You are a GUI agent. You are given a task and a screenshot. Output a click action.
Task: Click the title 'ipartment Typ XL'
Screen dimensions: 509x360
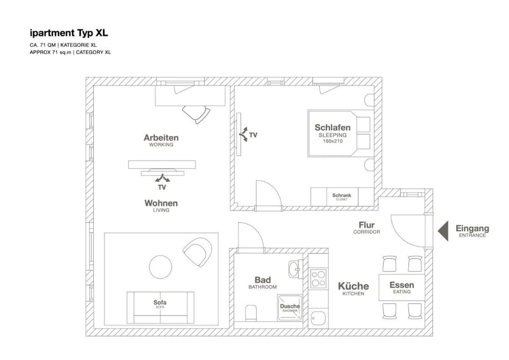[x=69, y=33]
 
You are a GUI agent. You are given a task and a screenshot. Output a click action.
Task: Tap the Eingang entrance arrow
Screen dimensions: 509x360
[x=444, y=231]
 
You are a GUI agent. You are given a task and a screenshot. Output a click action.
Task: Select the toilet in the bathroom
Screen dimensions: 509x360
[x=251, y=313]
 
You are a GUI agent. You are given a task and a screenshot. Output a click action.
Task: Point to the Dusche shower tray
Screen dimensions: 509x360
[x=290, y=308]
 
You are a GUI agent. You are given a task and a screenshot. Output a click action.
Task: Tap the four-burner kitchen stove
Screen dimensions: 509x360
[x=318, y=278]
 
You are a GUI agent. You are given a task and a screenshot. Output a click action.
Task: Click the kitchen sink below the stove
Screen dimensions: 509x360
[x=318, y=319]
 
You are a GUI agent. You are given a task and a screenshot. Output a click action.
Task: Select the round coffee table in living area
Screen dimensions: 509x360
[x=160, y=267]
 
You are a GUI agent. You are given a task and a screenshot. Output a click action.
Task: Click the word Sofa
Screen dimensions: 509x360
[x=160, y=302]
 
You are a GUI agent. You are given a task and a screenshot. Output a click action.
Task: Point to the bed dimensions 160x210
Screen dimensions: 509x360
[x=333, y=141]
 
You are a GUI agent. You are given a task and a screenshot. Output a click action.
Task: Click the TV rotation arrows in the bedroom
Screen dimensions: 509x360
[x=243, y=134]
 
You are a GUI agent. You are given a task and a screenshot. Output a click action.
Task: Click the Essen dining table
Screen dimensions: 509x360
[x=402, y=287]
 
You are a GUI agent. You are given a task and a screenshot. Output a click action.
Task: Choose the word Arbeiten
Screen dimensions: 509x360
[x=161, y=138]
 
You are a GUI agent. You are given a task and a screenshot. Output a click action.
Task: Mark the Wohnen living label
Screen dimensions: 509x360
[x=161, y=203]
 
